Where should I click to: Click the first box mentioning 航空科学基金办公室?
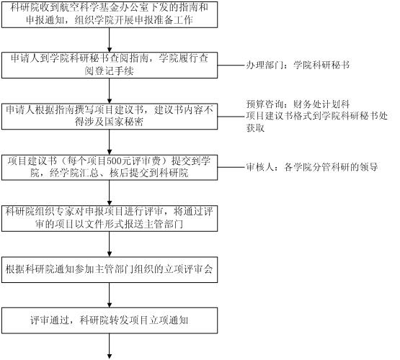[110, 14]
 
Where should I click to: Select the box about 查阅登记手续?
[110, 66]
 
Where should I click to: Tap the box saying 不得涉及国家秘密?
[110, 117]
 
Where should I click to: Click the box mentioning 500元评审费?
[110, 167]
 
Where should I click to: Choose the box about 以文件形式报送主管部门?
[110, 218]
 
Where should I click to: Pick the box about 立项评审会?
[110, 270]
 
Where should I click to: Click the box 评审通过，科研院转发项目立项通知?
[110, 320]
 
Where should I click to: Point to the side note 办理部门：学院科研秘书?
[298, 66]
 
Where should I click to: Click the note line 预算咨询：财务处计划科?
[298, 104]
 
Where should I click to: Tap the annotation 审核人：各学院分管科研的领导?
[312, 167]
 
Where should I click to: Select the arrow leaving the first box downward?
[110, 40]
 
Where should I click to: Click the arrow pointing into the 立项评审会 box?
[110, 244]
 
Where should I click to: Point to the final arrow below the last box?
[110, 346]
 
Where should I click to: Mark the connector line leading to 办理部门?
[231, 66]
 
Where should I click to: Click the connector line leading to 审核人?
[231, 167]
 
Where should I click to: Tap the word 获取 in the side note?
[255, 128]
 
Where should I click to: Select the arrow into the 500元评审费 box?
[110, 142]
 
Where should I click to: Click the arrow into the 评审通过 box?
[110, 295]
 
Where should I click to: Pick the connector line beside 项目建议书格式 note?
[231, 117]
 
